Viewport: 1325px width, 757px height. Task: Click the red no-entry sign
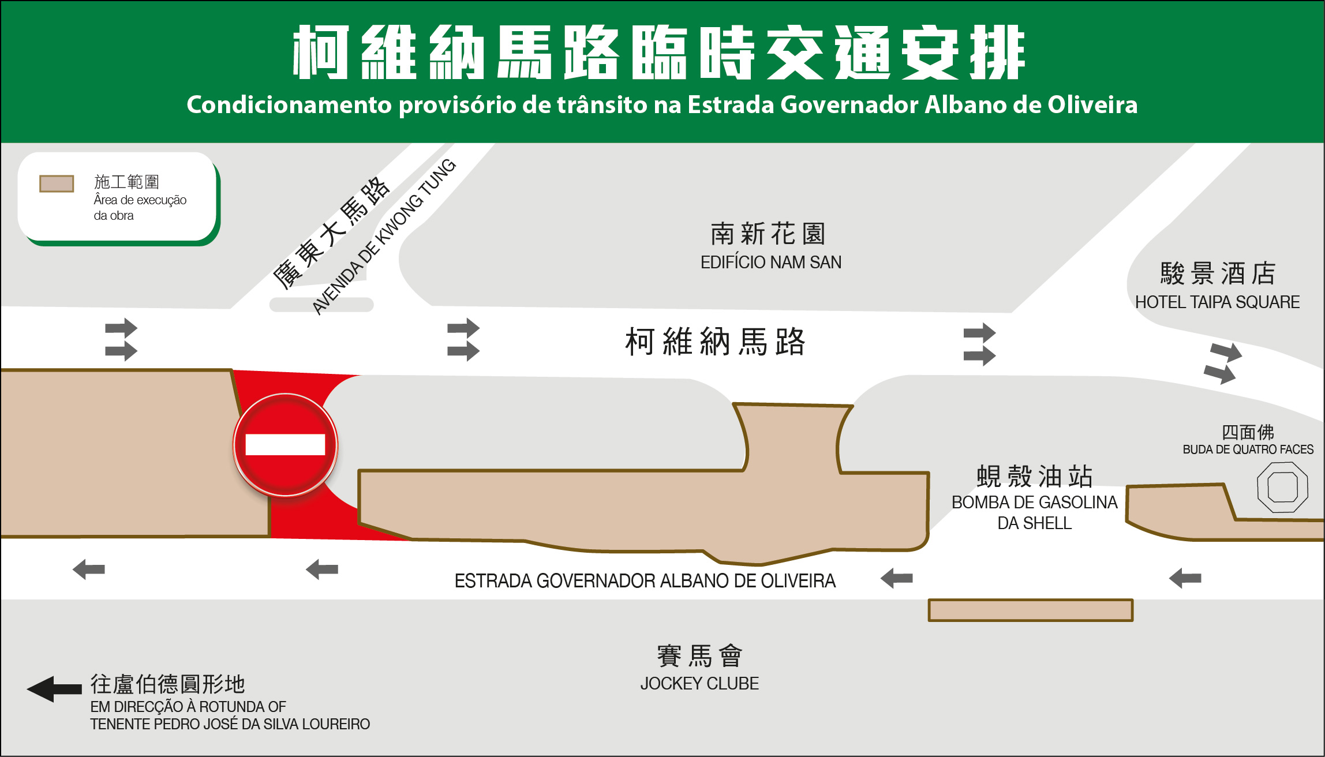pyautogui.click(x=285, y=445)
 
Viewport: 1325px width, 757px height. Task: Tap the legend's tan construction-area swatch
pyautogui.click(x=57, y=183)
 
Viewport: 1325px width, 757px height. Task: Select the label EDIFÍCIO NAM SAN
pyautogui.click(x=771, y=263)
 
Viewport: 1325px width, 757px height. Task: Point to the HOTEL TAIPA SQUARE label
pyautogui.click(x=1217, y=302)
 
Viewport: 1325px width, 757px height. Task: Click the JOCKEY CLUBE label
pyautogui.click(x=699, y=684)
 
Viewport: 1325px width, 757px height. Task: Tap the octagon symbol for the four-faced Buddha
pyautogui.click(x=1282, y=488)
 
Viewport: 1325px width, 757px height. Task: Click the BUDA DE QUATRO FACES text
pyautogui.click(x=1248, y=449)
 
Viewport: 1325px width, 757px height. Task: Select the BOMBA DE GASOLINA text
pyautogui.click(x=1034, y=503)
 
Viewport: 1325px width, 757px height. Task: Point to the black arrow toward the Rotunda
pyautogui.click(x=54, y=689)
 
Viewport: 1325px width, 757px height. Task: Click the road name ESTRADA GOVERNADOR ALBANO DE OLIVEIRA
pyautogui.click(x=645, y=580)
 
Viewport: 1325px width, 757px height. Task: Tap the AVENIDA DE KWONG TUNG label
pyautogui.click(x=384, y=237)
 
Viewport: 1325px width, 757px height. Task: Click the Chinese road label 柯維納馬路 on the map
pyautogui.click(x=714, y=342)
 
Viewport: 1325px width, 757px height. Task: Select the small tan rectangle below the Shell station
pyautogui.click(x=1030, y=610)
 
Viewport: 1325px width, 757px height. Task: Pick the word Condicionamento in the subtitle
pyautogui.click(x=289, y=105)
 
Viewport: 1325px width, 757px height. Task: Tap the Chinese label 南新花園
pyautogui.click(x=768, y=234)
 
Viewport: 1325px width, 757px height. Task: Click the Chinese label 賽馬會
pyautogui.click(x=699, y=656)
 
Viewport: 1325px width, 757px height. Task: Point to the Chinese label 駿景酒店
pyautogui.click(x=1218, y=273)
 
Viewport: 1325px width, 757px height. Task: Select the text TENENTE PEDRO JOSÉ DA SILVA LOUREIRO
pyautogui.click(x=230, y=724)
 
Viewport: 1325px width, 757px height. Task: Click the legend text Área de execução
pyautogui.click(x=140, y=200)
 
